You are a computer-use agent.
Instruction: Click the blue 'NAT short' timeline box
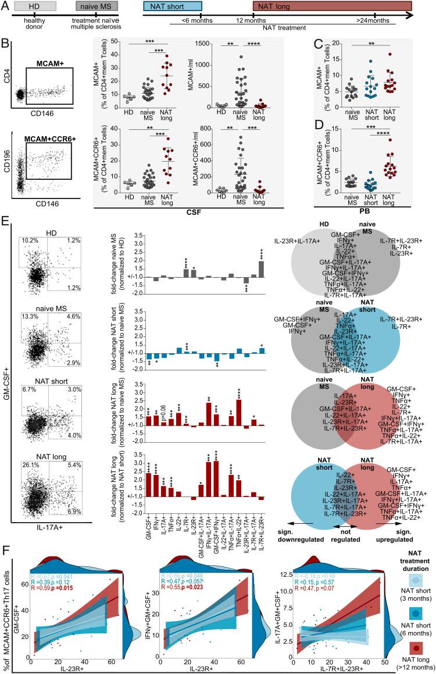point(172,6)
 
